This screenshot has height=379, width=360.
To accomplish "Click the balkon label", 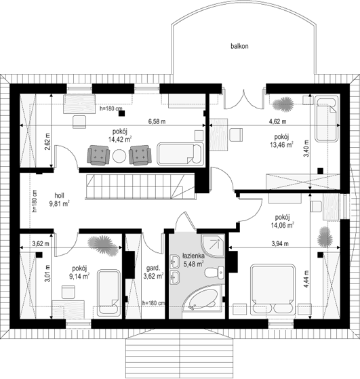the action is (239, 46).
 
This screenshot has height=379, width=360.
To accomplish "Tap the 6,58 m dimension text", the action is (157, 121).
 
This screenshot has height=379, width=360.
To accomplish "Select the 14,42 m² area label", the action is (120, 139).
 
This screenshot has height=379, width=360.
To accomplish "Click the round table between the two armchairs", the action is (119, 157).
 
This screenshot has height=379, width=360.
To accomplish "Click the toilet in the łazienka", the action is (215, 273).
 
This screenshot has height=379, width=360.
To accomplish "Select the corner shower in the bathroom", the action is (213, 245).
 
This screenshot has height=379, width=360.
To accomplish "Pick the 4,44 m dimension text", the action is (306, 279).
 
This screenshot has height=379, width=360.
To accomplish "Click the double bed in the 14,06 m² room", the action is (273, 290).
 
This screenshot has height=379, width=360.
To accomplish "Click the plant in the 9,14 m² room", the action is (103, 245).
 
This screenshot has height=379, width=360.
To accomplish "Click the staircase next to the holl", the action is (141, 186).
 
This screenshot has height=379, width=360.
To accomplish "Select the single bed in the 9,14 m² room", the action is (108, 293).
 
